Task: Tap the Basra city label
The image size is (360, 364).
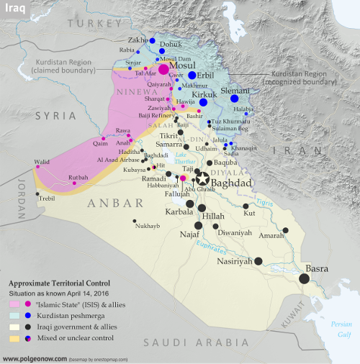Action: [318, 268]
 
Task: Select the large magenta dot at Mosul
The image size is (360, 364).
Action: [163, 70]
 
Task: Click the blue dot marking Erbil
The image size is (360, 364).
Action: [192, 76]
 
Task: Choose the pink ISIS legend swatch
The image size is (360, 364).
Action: [14, 304]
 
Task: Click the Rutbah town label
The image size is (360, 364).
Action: [78, 177]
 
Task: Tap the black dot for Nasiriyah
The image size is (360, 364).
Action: [258, 261]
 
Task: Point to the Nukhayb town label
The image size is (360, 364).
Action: [146, 226]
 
